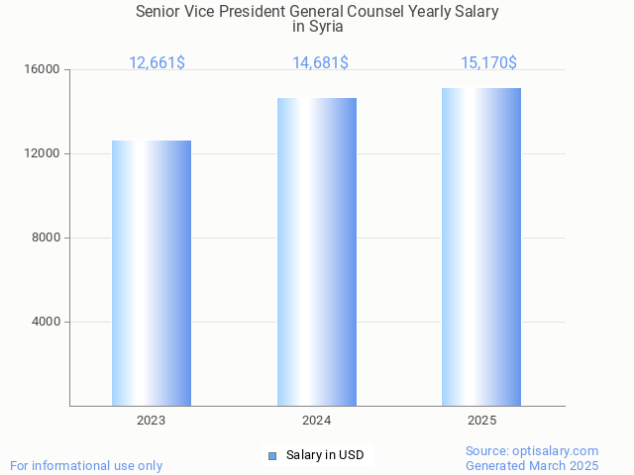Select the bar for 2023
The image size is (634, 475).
click(152, 273)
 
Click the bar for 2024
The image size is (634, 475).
click(317, 252)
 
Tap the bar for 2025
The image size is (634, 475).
click(481, 247)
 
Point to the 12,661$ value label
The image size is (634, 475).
click(157, 63)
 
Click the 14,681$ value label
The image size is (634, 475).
click(320, 63)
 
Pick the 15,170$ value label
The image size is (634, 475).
click(488, 63)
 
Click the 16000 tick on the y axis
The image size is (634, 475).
click(43, 70)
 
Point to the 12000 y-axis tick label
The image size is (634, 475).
click(43, 154)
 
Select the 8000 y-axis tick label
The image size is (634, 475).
click(46, 238)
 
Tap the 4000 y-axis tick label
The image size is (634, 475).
click(46, 322)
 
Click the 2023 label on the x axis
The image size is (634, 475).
click(152, 421)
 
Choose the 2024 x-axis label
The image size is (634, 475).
click(317, 421)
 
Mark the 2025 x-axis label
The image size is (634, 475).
click(481, 421)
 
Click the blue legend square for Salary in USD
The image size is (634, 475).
click(272, 455)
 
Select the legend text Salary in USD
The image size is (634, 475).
click(325, 455)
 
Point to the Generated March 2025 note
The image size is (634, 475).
click(532, 465)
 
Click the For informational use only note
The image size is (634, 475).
click(86, 465)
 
